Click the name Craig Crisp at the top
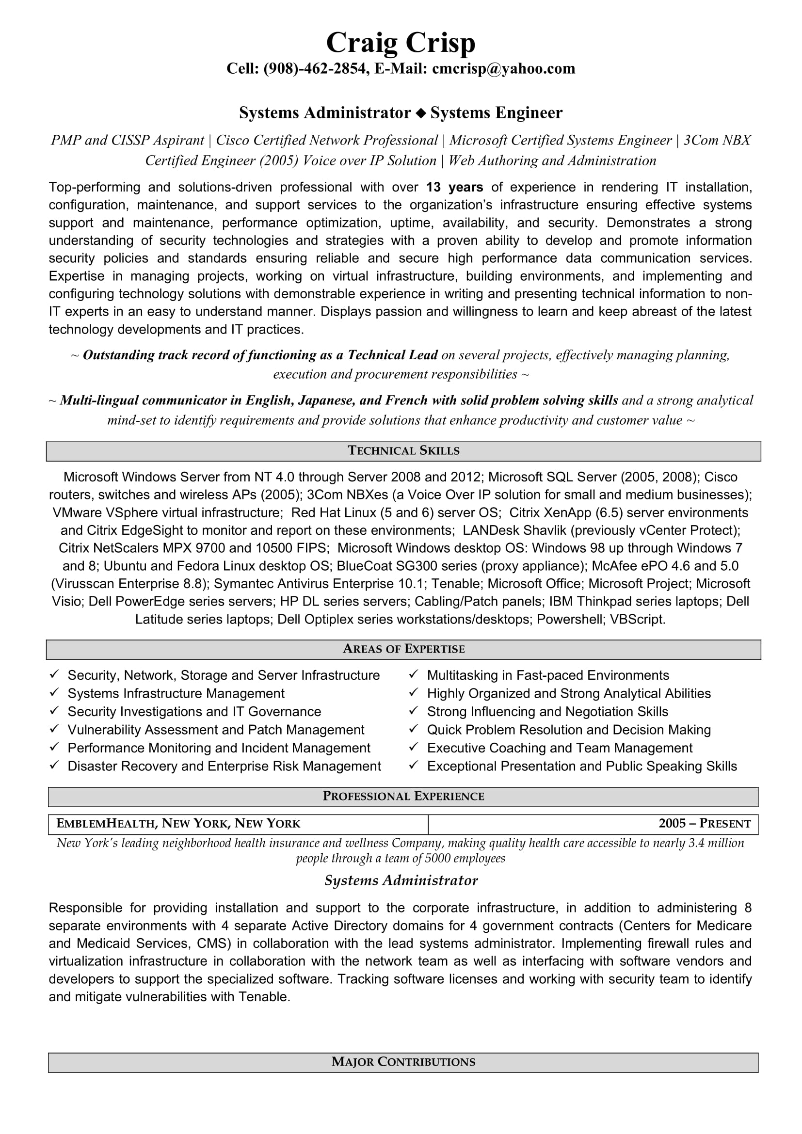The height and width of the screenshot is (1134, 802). tap(401, 43)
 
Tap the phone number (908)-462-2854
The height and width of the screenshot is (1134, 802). tap(316, 69)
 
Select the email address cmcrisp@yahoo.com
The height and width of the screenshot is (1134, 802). tap(503, 69)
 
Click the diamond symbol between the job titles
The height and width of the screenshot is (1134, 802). tap(420, 113)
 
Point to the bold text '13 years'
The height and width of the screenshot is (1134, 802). tap(454, 187)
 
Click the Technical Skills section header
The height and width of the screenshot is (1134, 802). tap(403, 451)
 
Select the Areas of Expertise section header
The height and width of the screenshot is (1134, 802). tap(403, 649)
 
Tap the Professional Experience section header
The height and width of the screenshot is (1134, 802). tap(403, 796)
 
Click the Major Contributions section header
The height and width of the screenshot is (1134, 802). tap(403, 1062)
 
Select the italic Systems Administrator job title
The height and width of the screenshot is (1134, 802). tap(401, 880)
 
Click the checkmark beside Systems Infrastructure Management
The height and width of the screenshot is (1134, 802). tap(54, 693)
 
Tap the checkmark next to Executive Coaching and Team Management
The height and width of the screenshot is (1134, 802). tap(414, 747)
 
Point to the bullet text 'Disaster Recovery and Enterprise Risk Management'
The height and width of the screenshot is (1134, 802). tap(224, 766)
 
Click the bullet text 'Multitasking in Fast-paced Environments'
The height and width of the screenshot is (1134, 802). tap(547, 675)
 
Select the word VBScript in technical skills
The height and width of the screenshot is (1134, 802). tap(637, 619)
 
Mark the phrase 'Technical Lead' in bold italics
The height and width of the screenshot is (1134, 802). tap(393, 355)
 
